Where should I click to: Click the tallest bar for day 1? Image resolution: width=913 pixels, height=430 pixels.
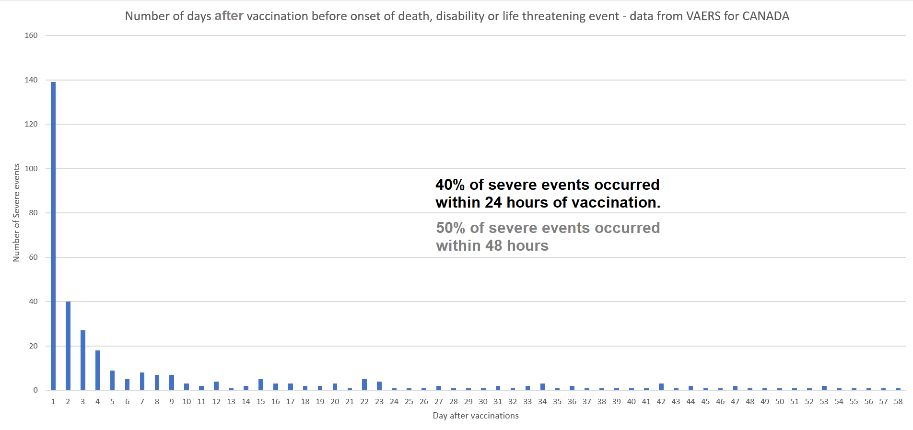(53, 236)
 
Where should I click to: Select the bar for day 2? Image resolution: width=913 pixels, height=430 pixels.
(68, 346)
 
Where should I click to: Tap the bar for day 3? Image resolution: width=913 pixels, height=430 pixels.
(83, 360)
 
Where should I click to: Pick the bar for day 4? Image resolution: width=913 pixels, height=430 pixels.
(98, 370)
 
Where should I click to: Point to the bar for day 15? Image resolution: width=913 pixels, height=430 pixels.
(261, 384)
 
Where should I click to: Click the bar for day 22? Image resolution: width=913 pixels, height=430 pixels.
(364, 384)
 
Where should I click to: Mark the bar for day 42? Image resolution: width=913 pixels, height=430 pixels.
(661, 387)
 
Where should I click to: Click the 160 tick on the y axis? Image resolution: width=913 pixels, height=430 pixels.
(31, 35)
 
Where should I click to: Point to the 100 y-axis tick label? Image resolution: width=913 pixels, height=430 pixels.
(31, 169)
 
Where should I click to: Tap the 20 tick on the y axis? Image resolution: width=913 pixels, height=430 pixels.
(33, 346)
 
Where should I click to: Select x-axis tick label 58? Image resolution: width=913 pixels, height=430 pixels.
(898, 402)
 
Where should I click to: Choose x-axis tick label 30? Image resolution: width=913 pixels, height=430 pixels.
(483, 402)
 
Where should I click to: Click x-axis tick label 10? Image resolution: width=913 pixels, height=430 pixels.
(187, 402)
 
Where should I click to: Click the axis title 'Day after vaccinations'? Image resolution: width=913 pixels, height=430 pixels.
(476, 416)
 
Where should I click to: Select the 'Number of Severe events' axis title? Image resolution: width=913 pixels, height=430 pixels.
(17, 213)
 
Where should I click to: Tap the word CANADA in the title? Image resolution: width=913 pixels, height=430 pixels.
(766, 16)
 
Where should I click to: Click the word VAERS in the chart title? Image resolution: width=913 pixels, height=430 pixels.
(703, 16)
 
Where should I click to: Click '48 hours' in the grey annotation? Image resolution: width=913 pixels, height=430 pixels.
(517, 245)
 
